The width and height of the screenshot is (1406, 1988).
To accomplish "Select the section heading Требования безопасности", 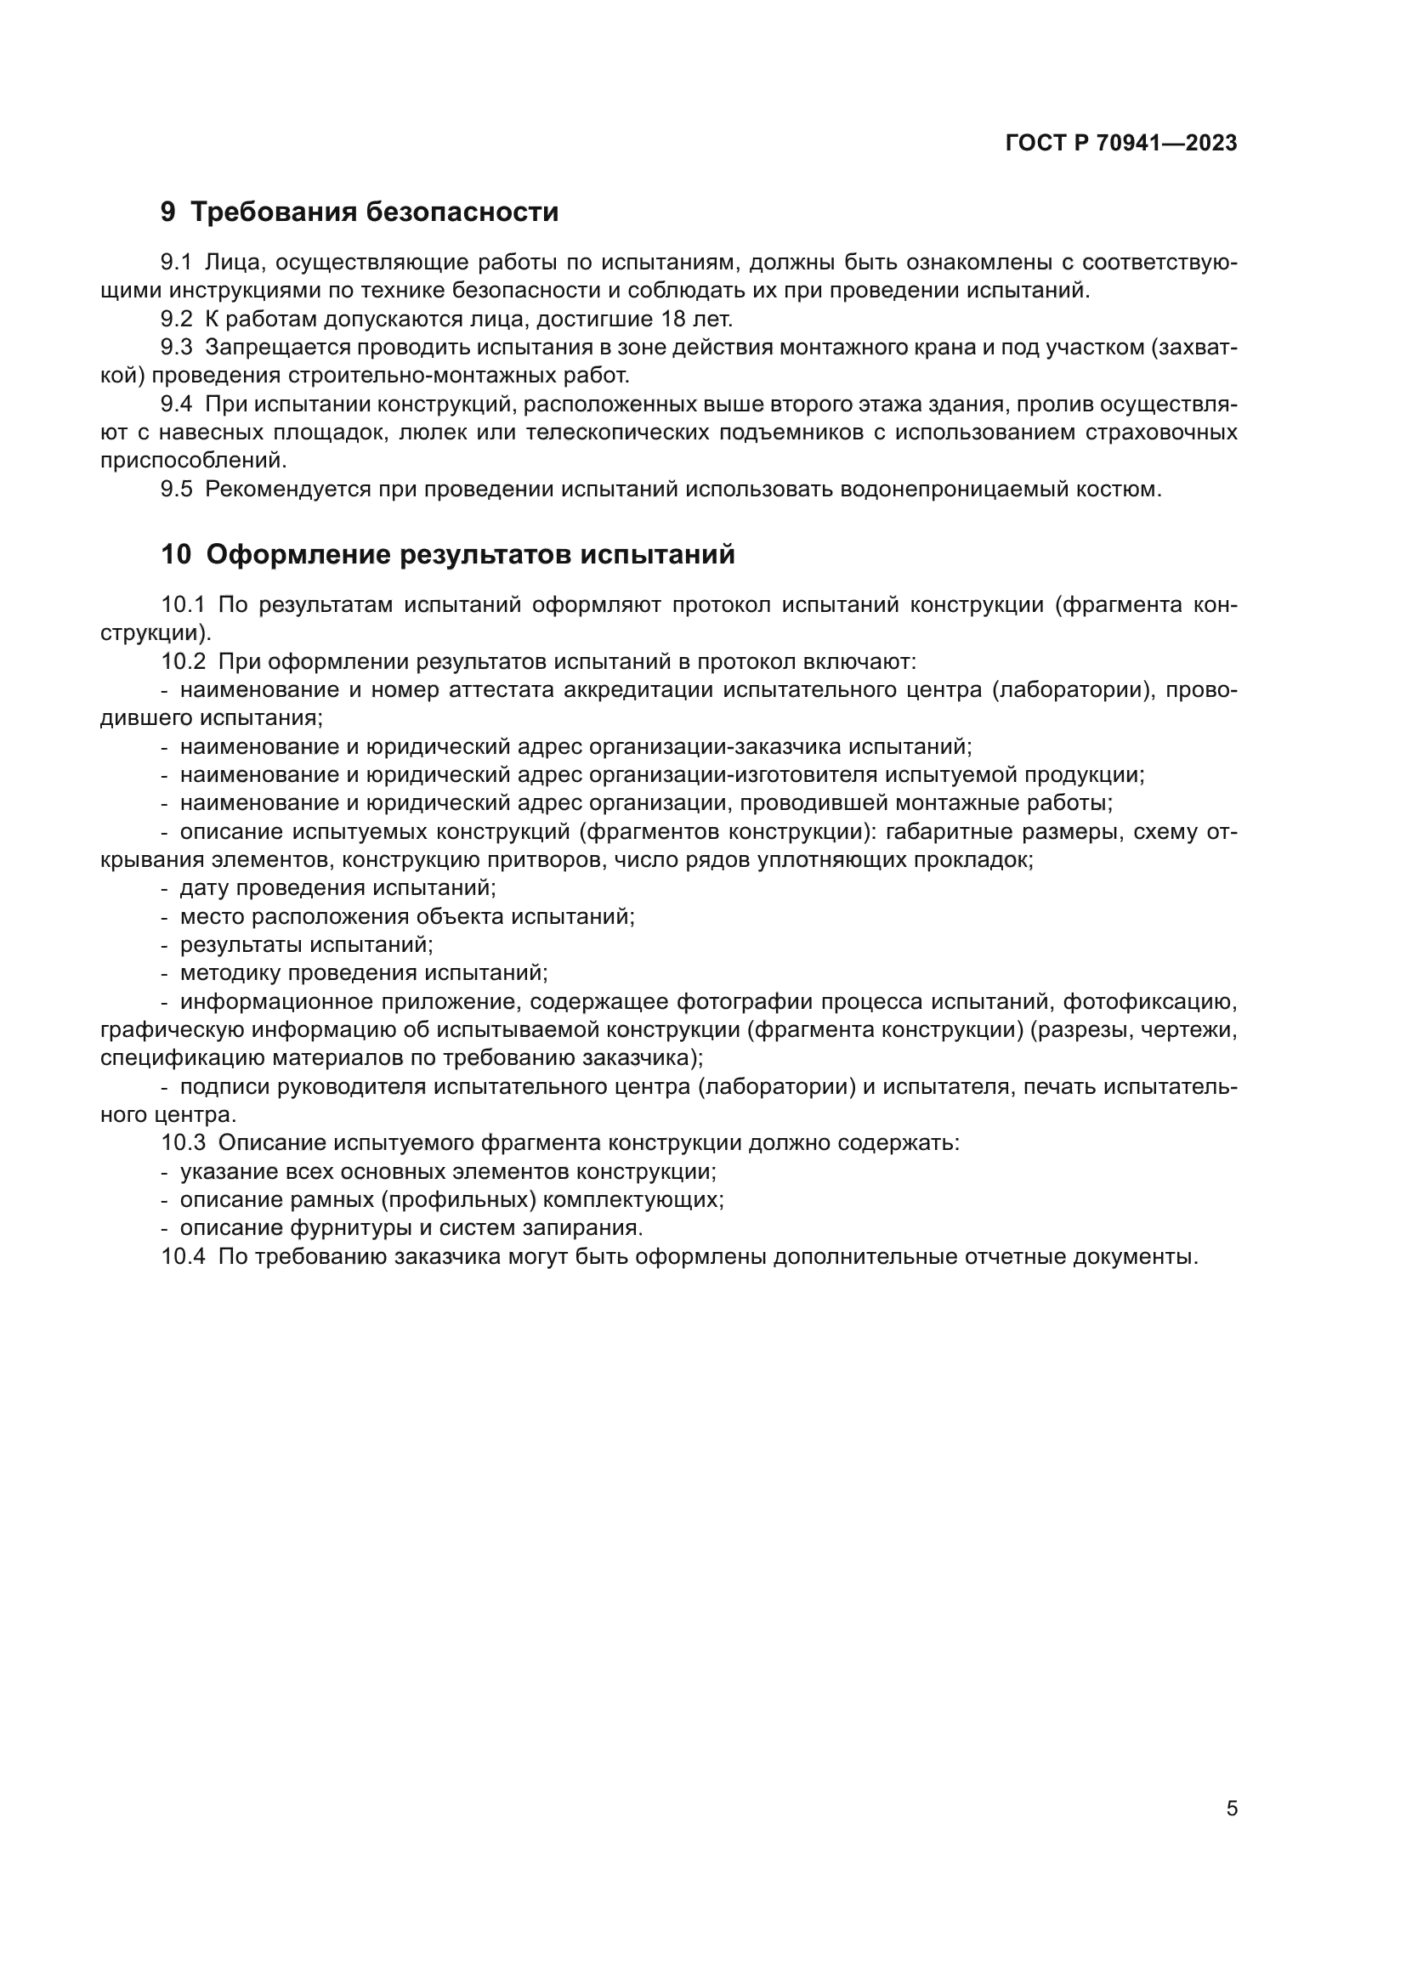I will click(374, 212).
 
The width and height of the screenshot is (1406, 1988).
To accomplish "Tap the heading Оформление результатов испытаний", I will click(470, 555).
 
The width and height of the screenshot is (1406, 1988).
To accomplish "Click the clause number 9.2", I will click(177, 320).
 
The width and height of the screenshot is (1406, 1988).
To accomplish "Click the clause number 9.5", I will click(177, 490).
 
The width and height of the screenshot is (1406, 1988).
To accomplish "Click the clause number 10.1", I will click(183, 605).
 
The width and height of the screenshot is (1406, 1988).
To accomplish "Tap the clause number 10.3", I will click(183, 1143).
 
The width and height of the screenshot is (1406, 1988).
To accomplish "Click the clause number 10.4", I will click(183, 1257).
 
